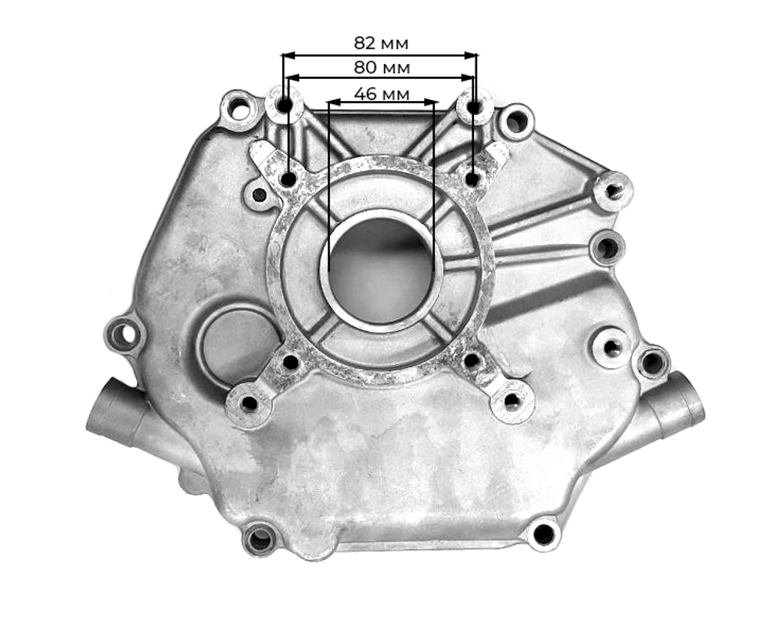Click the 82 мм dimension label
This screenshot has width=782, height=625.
tap(381, 43)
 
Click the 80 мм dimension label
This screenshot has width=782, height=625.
tap(381, 68)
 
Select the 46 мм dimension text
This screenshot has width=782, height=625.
tap(381, 94)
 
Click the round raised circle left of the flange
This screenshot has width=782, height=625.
tap(229, 343)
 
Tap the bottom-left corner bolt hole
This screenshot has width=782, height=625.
tap(259, 538)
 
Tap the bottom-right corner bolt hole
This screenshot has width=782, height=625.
tap(543, 533)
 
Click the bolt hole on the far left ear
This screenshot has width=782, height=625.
tap(123, 335)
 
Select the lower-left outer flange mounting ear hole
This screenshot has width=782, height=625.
tap(249, 404)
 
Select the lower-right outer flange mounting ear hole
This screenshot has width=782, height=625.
tap(512, 401)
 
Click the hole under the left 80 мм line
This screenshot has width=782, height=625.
tap(289, 179)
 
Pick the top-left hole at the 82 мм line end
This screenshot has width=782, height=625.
tap(284, 105)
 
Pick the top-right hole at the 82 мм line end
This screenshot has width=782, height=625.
tap(475, 106)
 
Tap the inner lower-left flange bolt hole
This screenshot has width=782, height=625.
tap(290, 362)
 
